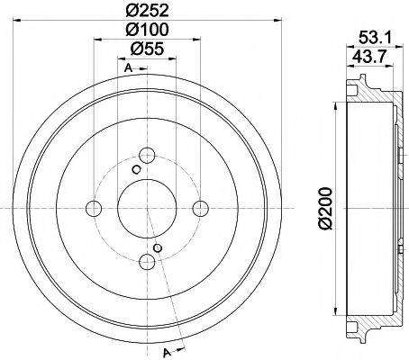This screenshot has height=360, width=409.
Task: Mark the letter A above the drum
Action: pos(128,68)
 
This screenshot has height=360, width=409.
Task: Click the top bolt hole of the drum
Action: pos(147,156)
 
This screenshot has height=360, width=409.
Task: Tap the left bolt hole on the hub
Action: pos(93,209)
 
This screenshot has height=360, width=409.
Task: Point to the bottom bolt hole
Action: pos(147,263)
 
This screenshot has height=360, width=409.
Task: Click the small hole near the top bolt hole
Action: pos(136,169)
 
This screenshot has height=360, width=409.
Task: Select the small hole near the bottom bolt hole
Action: pos(158,248)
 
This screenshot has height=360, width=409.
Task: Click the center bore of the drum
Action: pos(147,209)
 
